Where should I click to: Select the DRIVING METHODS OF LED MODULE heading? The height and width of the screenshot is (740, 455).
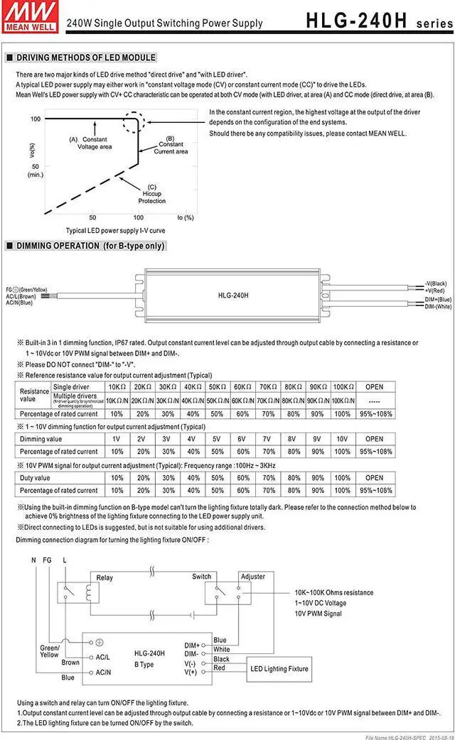click(x=85, y=58)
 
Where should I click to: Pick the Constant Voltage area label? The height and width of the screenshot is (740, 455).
click(x=94, y=143)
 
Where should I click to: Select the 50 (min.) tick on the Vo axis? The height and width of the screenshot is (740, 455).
click(x=36, y=170)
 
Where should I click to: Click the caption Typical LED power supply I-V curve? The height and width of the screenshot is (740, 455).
click(x=116, y=231)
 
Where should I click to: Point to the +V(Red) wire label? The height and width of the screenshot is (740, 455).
click(x=435, y=290)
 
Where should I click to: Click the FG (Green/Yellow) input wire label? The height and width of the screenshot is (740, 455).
click(x=27, y=290)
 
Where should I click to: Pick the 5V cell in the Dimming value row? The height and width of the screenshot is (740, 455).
click(x=216, y=439)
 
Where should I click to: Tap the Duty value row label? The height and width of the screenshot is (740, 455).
click(x=36, y=478)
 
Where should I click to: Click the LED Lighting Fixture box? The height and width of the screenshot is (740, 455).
click(x=279, y=668)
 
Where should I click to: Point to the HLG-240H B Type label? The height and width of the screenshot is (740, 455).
click(x=149, y=658)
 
